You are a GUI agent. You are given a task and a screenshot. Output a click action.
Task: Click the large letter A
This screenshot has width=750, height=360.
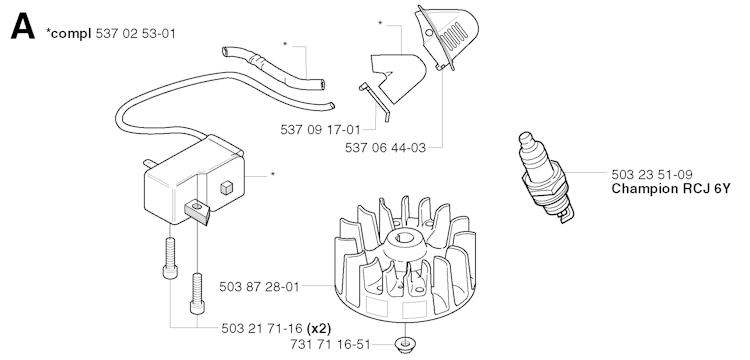tap(22, 26)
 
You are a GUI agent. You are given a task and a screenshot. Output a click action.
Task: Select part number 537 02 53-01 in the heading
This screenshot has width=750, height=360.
tap(135, 33)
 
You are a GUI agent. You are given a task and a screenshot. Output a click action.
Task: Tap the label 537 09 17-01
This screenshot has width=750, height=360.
tap(320, 130)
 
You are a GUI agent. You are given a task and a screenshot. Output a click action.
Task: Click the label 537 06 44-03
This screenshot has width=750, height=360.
tap(385, 148)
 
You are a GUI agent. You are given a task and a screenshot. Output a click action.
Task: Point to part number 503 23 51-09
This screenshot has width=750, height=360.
tap(651, 175)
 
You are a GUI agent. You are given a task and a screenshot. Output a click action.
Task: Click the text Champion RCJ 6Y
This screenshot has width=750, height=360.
tap(671, 188)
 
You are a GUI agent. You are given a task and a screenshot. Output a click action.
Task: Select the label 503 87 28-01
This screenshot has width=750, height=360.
tap(259, 286)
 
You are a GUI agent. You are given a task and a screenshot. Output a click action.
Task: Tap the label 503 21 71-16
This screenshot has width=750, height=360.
tap(262, 328)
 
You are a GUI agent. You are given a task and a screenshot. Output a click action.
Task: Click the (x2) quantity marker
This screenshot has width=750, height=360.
tap(319, 328)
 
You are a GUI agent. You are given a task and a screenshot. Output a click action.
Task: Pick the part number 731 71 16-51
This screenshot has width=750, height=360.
tap(331, 344)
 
